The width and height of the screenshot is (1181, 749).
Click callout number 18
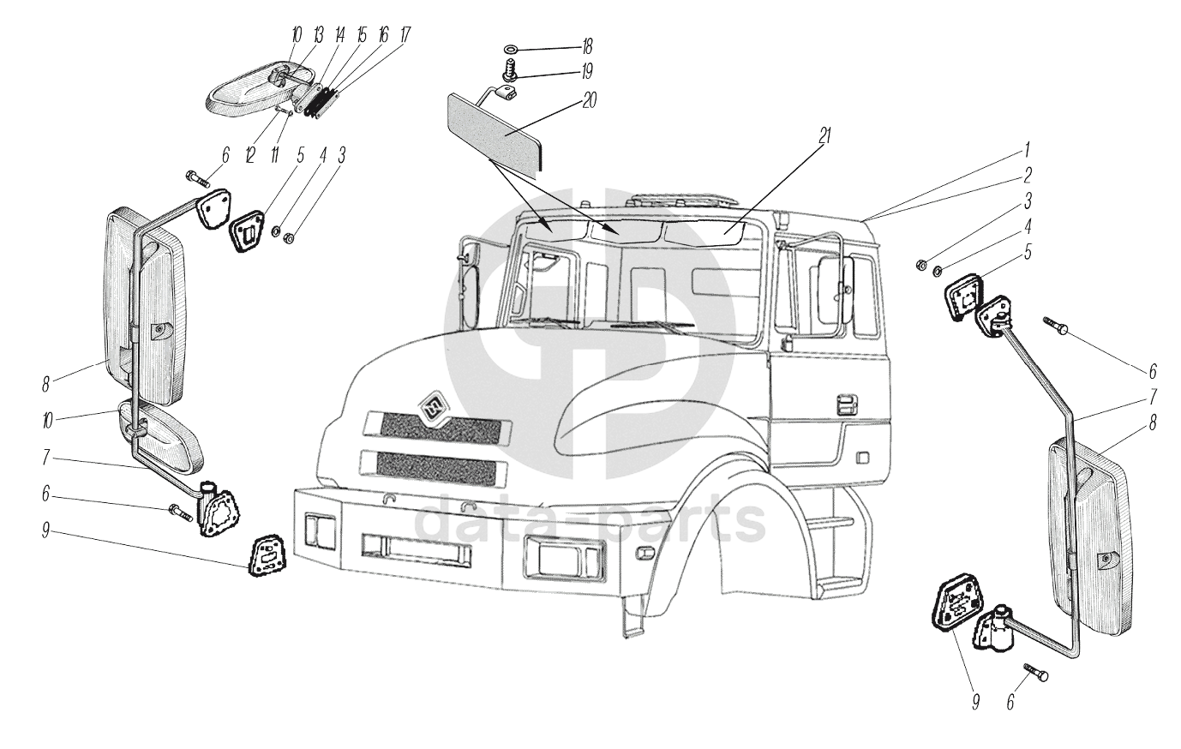587,45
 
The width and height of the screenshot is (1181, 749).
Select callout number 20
589,99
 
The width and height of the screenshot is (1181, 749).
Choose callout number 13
318,35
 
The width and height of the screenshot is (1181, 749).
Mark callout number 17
405,35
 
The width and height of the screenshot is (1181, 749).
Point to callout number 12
250,155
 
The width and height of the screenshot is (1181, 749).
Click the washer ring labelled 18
509,46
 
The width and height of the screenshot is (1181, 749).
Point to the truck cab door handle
847,404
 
